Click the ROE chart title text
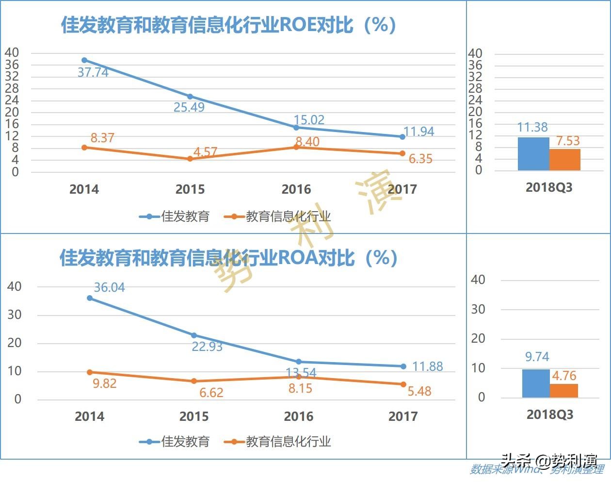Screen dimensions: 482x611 [x=228, y=25]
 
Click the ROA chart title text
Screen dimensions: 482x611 [x=228, y=258]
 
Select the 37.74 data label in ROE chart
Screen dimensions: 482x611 [x=93, y=72]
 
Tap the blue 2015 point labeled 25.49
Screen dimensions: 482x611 [x=190, y=97]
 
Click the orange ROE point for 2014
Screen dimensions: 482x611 [x=84, y=147]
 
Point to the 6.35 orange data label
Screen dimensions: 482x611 [x=420, y=159]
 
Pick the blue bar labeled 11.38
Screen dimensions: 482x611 [x=533, y=154]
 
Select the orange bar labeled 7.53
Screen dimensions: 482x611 [x=565, y=160]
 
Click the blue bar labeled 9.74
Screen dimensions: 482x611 [x=536, y=383]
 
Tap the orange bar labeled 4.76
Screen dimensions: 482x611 [x=564, y=391]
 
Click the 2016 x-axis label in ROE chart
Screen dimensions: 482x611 [x=296, y=189]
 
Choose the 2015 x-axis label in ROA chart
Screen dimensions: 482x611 [x=194, y=416]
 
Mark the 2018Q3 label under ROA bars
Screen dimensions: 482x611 [x=550, y=415]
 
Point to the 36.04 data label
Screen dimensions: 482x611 [x=109, y=287]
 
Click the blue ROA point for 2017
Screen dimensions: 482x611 [x=403, y=366]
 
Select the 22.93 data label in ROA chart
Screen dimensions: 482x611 [x=207, y=347]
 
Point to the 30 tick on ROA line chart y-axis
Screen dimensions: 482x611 [x=14, y=315]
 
